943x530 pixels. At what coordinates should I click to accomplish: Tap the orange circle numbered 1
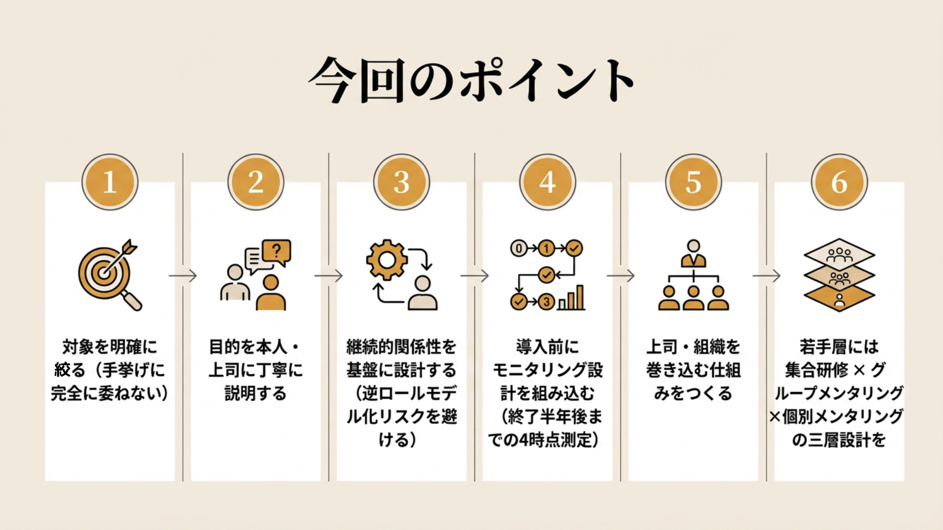point(110,182)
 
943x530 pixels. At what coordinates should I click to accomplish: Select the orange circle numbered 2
point(255,182)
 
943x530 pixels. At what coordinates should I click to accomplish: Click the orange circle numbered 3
point(401,182)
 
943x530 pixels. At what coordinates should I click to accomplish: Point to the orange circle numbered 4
point(547,182)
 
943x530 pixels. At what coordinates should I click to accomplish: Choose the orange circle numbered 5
point(693,182)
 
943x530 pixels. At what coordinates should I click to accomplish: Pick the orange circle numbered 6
point(839,182)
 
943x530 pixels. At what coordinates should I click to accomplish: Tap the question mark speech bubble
point(277,252)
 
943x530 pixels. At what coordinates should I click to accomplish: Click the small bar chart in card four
point(572,298)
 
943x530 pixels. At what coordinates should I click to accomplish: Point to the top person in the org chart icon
point(693,253)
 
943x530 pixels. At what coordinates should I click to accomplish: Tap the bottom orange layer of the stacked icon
point(839,298)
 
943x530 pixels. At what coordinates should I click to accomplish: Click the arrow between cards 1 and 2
point(183,276)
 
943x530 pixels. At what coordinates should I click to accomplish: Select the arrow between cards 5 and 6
point(766,276)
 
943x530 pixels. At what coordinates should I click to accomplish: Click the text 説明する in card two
point(255,393)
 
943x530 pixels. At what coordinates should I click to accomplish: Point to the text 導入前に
point(547,347)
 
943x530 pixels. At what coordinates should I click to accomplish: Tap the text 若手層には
point(839,347)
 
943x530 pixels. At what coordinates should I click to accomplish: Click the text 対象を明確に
point(110,347)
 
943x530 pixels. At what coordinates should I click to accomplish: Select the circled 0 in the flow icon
point(519,248)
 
